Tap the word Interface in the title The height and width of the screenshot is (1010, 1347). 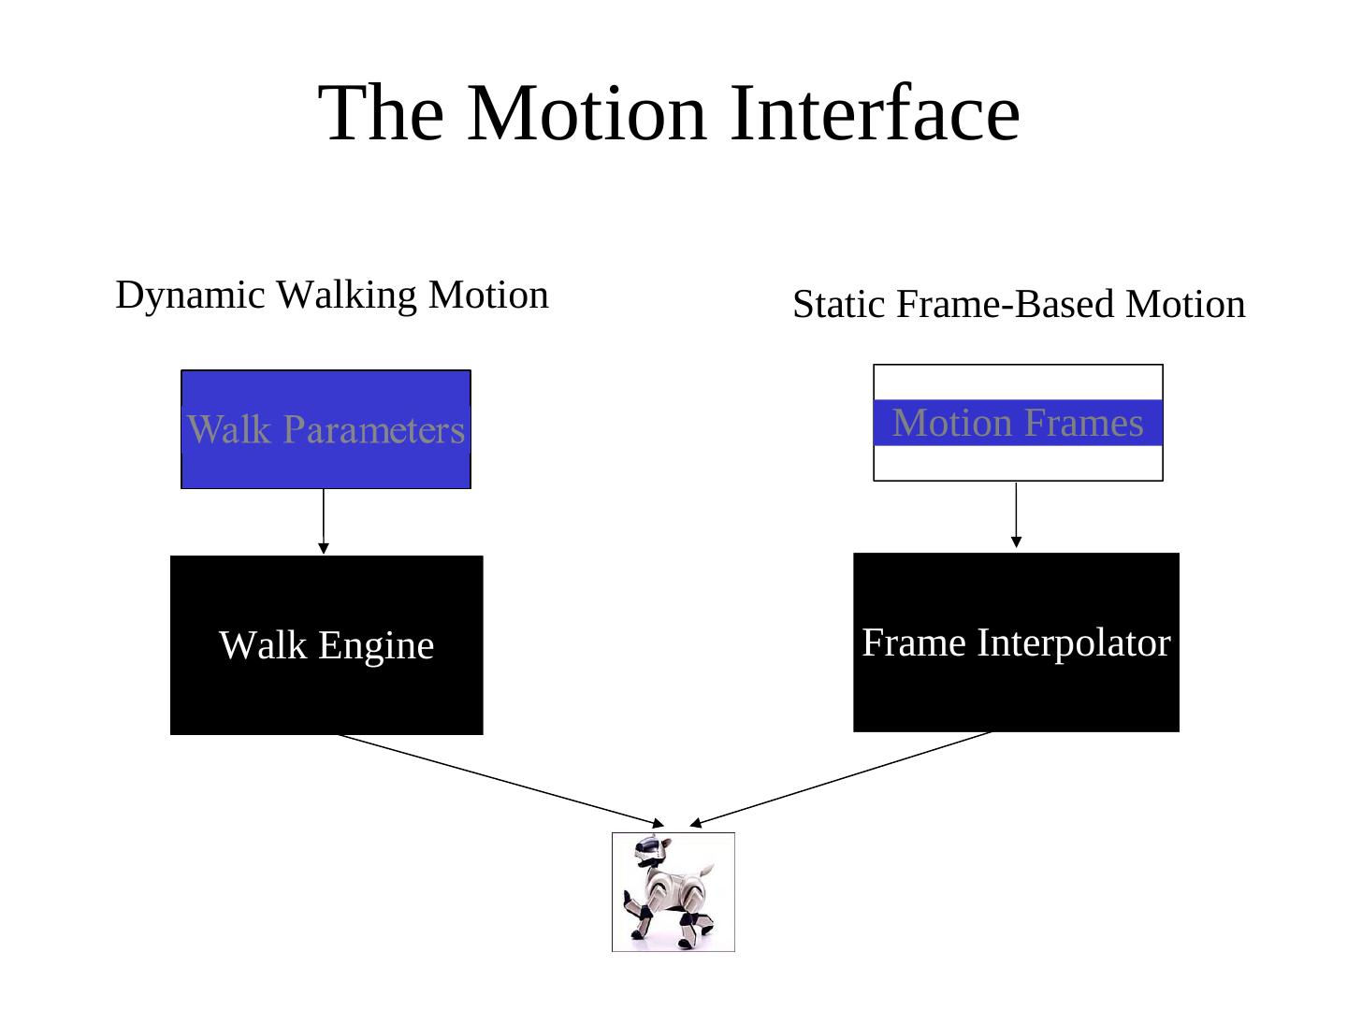coord(874,113)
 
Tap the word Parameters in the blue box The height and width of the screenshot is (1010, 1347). coord(374,430)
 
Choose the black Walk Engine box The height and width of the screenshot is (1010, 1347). coord(326,692)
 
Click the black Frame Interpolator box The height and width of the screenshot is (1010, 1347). coord(1016,692)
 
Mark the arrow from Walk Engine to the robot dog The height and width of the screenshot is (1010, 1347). coord(500,780)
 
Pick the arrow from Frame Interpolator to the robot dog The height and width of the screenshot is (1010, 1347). coord(842,778)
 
